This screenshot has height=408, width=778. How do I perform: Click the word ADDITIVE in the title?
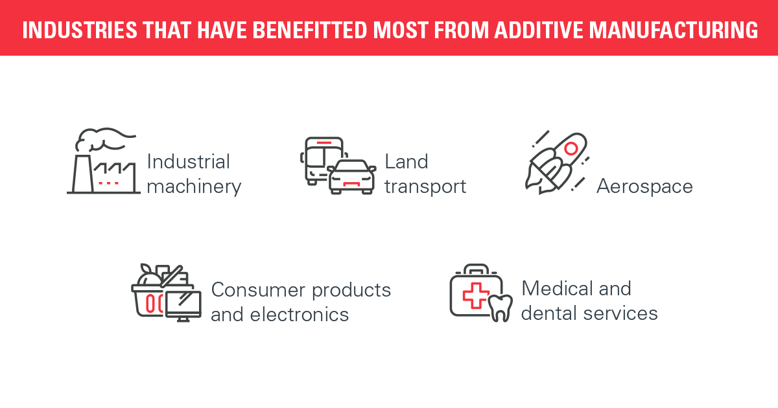click(539, 30)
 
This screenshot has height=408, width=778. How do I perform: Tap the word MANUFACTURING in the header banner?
click(674, 30)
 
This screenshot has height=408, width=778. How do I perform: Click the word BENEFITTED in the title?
click(310, 30)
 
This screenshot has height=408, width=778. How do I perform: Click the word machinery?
click(194, 187)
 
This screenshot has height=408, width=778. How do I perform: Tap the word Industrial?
click(188, 162)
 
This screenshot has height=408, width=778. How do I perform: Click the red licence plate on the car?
click(351, 183)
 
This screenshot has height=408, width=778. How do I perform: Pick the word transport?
click(425, 187)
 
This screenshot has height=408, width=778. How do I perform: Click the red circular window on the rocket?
click(571, 148)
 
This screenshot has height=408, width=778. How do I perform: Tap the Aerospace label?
click(644, 187)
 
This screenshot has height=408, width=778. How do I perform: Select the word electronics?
click(299, 315)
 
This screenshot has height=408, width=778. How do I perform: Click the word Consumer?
click(258, 290)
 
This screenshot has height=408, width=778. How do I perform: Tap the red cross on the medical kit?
click(476, 295)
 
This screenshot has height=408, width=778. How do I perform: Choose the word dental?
click(550, 313)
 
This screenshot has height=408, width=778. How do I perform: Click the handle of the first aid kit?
click(476, 268)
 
